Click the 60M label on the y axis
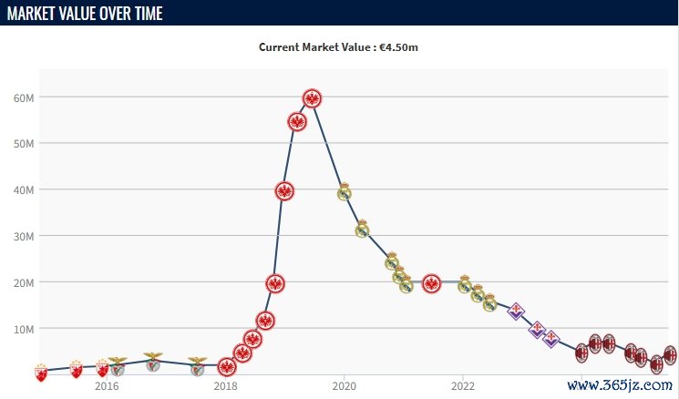tap(24, 97)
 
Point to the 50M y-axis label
tap(24, 144)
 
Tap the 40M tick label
tap(24, 189)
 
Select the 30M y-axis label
tap(24, 236)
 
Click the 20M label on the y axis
tap(24, 282)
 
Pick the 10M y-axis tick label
tap(24, 329)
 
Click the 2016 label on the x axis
tap(107, 385)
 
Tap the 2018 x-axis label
tap(225, 385)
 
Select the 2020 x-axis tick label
tap(344, 385)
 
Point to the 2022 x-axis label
tap(463, 385)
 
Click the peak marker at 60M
tap(312, 98)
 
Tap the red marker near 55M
tap(297, 121)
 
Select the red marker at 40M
tap(284, 190)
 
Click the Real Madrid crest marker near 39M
tap(345, 191)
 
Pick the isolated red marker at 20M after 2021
tap(432, 283)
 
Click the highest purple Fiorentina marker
tap(516, 311)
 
